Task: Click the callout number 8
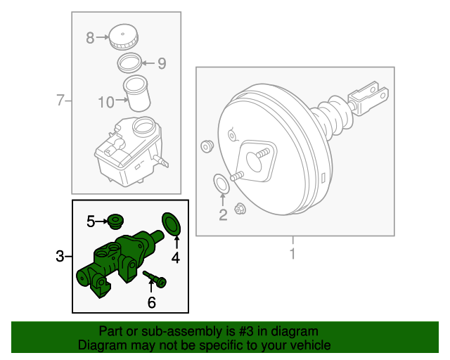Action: [x=90, y=38]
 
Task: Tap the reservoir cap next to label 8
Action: [x=124, y=37]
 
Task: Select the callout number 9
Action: [x=161, y=64]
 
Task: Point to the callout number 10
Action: [x=105, y=103]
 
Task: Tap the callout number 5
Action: [x=91, y=222]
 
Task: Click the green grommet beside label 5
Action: [x=114, y=222]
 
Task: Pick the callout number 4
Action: [x=175, y=258]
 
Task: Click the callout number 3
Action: [x=60, y=257]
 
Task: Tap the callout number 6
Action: [x=151, y=303]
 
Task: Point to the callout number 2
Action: [x=223, y=216]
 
